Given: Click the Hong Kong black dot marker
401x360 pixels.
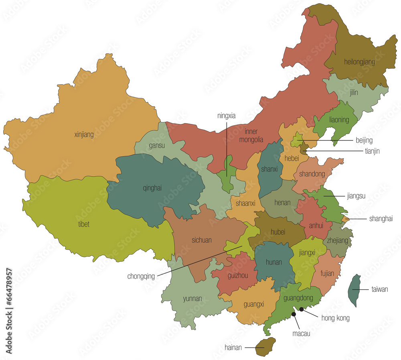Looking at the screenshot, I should point(302,309).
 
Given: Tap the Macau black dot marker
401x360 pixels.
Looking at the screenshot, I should point(294,314).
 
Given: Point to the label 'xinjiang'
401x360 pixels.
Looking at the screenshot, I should point(84,135).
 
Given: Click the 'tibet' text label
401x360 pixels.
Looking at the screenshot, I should point(84,224).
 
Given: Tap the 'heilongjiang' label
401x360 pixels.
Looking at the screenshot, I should point(359,62).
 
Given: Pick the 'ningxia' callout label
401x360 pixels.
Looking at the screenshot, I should point(226,116).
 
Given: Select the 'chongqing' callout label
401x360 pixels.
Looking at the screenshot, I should point(141,276).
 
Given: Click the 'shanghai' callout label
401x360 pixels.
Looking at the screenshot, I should point(381,219).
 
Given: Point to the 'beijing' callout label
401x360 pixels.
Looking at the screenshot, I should point(364,140).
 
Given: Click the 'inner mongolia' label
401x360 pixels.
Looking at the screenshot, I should point(251,136).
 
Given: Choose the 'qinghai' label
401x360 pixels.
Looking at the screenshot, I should point(152,188).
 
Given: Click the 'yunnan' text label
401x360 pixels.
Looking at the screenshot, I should point(192,298).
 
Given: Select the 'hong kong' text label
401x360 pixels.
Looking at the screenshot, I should point(335,318).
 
